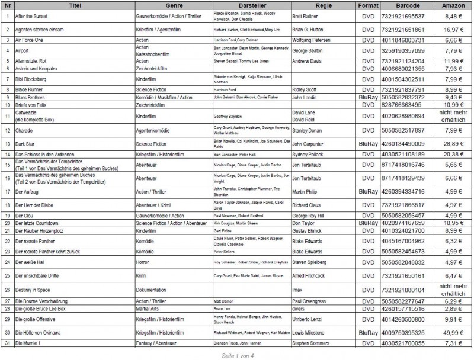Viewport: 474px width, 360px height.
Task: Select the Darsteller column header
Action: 251,5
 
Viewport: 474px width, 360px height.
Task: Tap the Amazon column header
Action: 453,5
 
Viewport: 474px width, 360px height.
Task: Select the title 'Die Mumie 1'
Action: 29,343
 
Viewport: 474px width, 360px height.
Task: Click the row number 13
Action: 7,143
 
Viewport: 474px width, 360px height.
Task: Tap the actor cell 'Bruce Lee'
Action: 222,308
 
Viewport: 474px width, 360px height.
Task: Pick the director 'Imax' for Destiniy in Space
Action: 298,290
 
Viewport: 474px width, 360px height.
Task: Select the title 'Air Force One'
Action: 30,40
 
